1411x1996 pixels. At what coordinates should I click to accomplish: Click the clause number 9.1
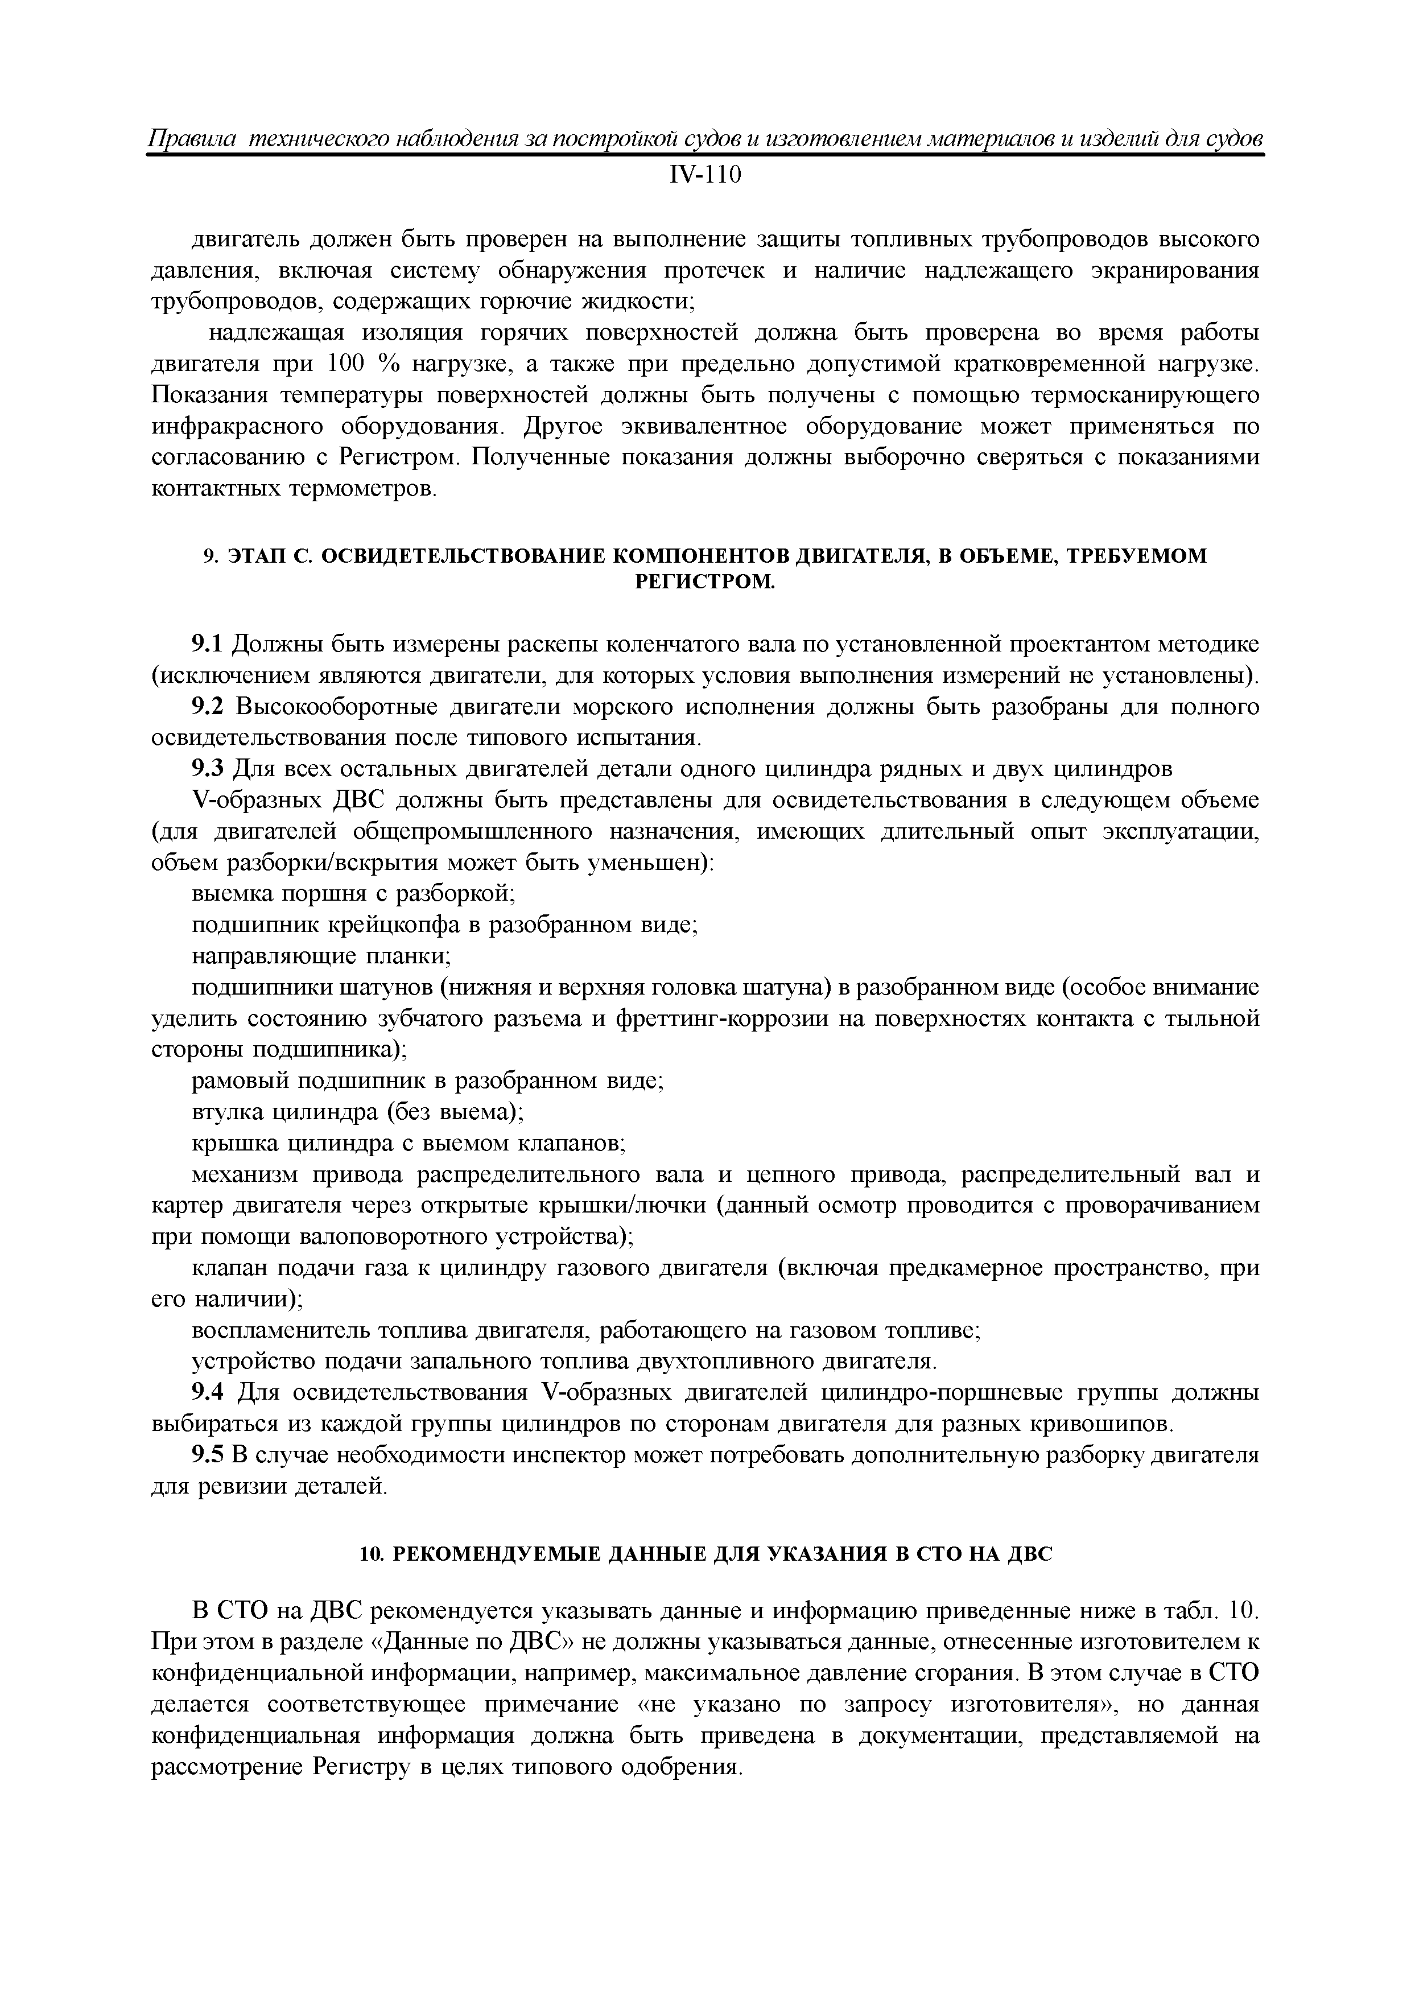(x=208, y=644)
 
